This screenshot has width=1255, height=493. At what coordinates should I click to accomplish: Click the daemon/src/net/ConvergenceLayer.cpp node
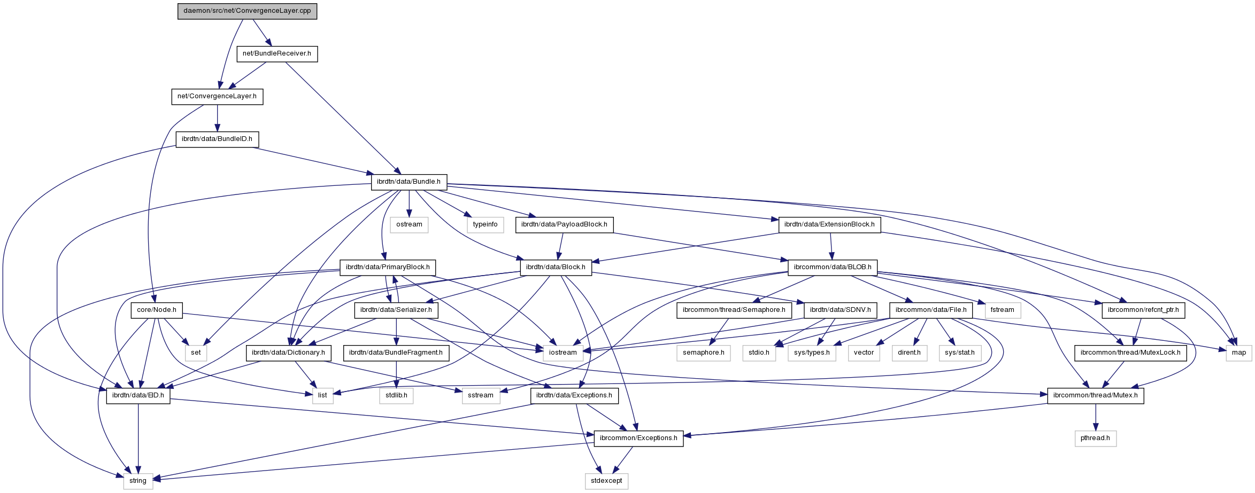tap(247, 11)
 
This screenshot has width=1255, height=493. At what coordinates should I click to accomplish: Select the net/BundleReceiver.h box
tap(276, 53)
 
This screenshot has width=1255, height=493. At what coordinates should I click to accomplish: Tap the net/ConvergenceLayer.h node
tap(217, 96)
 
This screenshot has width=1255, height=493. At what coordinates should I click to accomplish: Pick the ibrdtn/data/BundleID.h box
tap(217, 139)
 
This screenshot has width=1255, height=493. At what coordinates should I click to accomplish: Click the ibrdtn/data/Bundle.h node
tap(409, 182)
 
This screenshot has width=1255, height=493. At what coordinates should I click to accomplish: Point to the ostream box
tap(409, 224)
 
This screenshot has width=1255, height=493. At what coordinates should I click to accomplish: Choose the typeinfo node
tap(485, 224)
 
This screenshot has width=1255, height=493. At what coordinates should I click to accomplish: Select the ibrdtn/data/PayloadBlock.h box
tap(564, 224)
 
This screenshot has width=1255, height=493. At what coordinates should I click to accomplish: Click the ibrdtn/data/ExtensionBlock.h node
tap(829, 224)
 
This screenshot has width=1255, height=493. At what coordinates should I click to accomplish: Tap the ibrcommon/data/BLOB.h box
tap(833, 267)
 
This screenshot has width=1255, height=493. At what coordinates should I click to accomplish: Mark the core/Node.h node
tap(156, 310)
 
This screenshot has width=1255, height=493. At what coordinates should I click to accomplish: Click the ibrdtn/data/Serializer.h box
tap(396, 310)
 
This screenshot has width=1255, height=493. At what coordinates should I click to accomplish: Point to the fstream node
tap(1002, 310)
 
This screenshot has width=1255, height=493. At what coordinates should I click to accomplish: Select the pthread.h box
tap(1095, 438)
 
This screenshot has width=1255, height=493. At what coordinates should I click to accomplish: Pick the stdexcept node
tap(606, 481)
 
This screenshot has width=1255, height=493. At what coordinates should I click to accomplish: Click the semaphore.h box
tap(703, 353)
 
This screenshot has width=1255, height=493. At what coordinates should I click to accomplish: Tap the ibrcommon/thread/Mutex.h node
tap(1095, 395)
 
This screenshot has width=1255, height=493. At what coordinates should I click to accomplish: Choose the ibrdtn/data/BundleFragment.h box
tap(396, 353)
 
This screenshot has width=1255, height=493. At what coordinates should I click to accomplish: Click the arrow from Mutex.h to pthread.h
tap(1095, 417)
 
